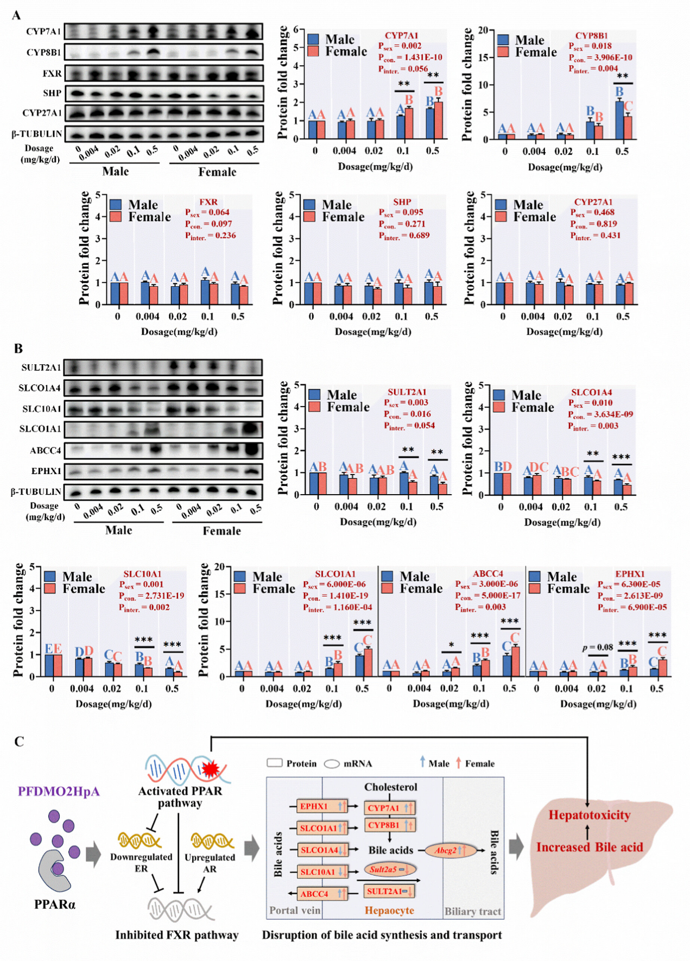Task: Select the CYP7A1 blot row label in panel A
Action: tap(43, 31)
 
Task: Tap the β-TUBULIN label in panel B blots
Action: tap(36, 492)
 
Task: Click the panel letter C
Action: tap(19, 741)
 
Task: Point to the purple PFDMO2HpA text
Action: tap(59, 791)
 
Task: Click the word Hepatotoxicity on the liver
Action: tap(589, 815)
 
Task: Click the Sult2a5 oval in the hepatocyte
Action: tap(390, 869)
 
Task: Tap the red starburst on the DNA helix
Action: tap(210, 769)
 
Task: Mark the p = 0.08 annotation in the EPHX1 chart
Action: tap(597, 647)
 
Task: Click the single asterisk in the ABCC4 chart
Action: tap(451, 646)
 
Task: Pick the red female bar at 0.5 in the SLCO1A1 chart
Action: tap(368, 662)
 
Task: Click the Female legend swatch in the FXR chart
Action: tap(116, 217)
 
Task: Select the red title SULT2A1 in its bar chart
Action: tap(407, 391)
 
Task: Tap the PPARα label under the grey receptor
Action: tap(54, 905)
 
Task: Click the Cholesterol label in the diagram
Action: tap(390, 787)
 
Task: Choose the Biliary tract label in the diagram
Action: tap(472, 912)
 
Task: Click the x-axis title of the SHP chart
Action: tap(372, 331)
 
